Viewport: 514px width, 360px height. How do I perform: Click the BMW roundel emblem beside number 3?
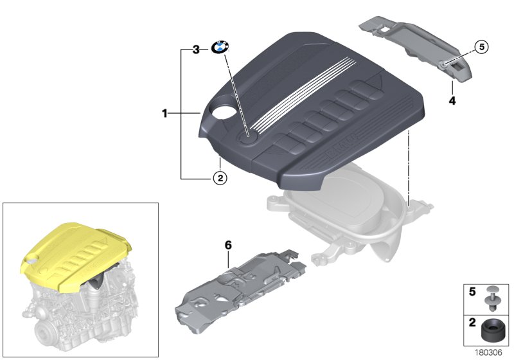[x=220, y=48]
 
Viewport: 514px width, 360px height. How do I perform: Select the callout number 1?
[x=165, y=113]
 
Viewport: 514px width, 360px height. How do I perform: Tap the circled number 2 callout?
[x=220, y=178]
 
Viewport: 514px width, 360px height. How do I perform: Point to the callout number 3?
[x=196, y=50]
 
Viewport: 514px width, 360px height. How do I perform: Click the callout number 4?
[x=452, y=101]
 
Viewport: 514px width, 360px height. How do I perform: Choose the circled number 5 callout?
[x=481, y=47]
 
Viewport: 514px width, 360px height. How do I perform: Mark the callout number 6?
[x=228, y=245]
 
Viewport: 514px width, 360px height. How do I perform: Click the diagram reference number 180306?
[x=488, y=352]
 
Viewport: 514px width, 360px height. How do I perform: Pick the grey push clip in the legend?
[x=492, y=298]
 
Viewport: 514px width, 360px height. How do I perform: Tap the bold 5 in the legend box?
[x=472, y=291]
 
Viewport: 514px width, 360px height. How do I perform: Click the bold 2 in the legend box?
[x=472, y=322]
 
